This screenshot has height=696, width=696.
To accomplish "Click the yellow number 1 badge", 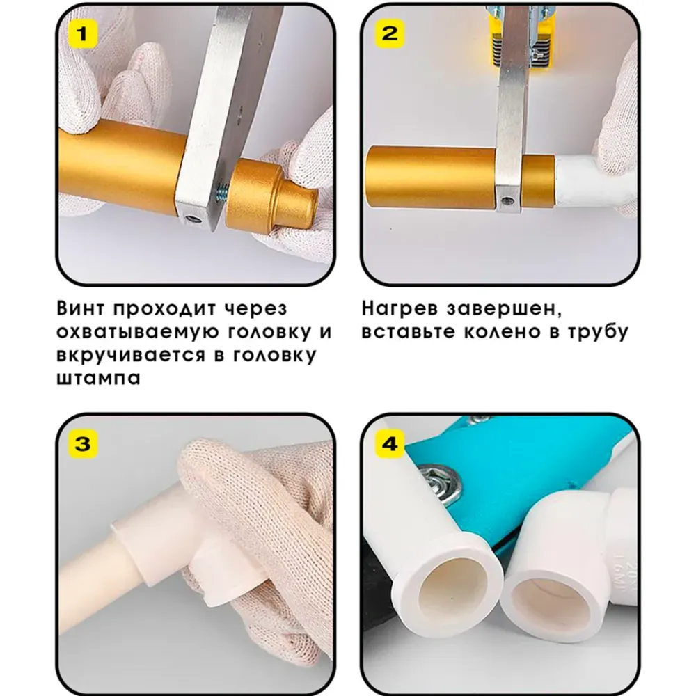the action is click(x=82, y=33).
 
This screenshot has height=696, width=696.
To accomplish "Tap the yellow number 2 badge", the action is click(x=390, y=33).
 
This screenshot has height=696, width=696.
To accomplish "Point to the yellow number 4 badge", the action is click(x=390, y=443).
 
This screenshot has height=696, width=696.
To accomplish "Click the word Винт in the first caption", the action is click(x=82, y=308).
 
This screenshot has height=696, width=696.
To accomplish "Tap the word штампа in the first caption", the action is click(x=99, y=378).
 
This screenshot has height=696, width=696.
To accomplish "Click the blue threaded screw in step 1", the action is click(x=221, y=192).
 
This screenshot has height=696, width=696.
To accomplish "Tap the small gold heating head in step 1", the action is click(x=271, y=194).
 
